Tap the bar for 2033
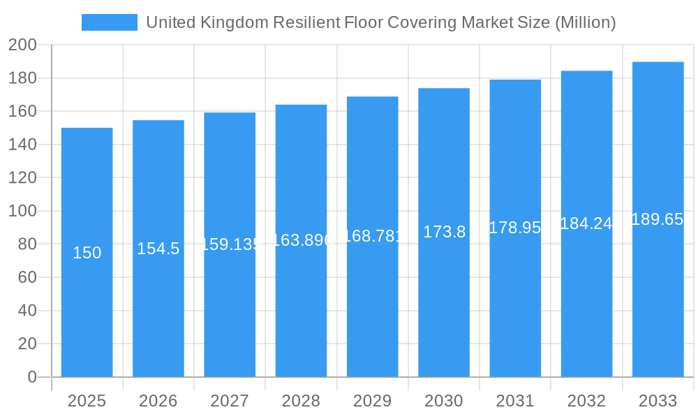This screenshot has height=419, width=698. [x=658, y=293]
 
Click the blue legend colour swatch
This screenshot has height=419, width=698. [x=110, y=22]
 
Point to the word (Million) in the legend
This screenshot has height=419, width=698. [x=585, y=22]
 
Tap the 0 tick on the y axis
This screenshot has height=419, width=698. [x=31, y=377]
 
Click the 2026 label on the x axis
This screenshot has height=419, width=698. [x=158, y=401]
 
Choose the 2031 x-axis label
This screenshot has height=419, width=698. [x=515, y=401]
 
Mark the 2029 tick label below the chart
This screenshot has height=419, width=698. [x=372, y=401]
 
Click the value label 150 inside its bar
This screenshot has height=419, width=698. [x=87, y=253]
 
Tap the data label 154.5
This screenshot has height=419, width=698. [x=158, y=249]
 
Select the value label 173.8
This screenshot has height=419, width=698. [x=444, y=233]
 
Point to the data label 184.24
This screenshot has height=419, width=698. [x=586, y=223]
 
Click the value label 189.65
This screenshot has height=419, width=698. [x=658, y=219]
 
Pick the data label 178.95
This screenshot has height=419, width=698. [x=515, y=228]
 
